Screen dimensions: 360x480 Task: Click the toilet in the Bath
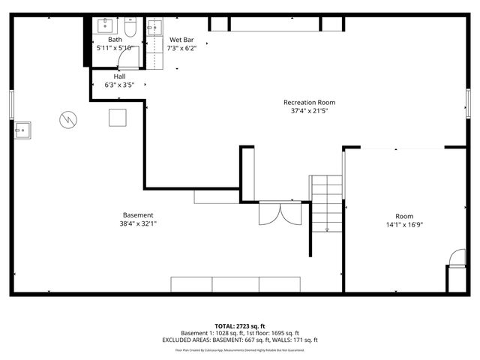(130, 28)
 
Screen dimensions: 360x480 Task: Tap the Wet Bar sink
(154, 28)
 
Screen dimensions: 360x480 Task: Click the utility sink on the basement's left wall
(22, 130)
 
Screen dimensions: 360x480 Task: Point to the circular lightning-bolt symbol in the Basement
(68, 119)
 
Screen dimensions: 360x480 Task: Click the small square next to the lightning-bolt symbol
(118, 118)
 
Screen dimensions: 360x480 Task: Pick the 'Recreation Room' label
(309, 102)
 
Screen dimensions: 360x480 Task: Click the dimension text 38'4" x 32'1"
(138, 223)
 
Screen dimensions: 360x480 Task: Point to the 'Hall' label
(119, 76)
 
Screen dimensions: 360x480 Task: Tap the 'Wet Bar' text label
(182, 39)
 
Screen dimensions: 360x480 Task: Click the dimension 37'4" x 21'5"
(309, 111)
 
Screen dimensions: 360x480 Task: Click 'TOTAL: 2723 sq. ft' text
(240, 326)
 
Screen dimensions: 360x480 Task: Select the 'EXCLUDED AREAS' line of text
(240, 340)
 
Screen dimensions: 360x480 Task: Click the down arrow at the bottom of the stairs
(327, 228)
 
